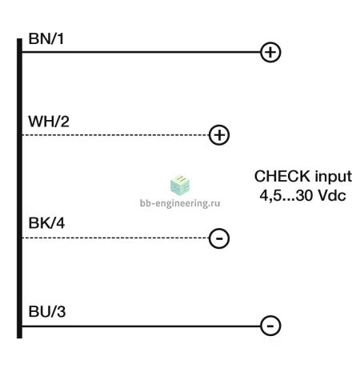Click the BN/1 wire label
(x=46, y=38)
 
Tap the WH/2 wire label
(x=49, y=122)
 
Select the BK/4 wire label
(x=46, y=223)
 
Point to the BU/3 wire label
(x=47, y=311)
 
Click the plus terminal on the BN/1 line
(x=270, y=52)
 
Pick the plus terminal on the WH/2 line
(x=219, y=135)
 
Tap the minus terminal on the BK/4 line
(x=219, y=238)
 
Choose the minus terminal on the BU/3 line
(x=270, y=326)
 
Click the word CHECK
(x=282, y=176)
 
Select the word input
(x=334, y=178)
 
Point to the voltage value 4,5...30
(x=286, y=195)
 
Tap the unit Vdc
(x=332, y=195)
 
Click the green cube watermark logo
(x=180, y=186)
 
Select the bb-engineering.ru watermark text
(x=180, y=203)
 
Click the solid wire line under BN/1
(x=141, y=52)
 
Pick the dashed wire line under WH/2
(x=115, y=135)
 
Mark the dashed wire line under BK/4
(x=115, y=238)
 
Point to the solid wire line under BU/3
(x=141, y=326)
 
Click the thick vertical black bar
(x=19, y=188)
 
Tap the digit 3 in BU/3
(x=61, y=311)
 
